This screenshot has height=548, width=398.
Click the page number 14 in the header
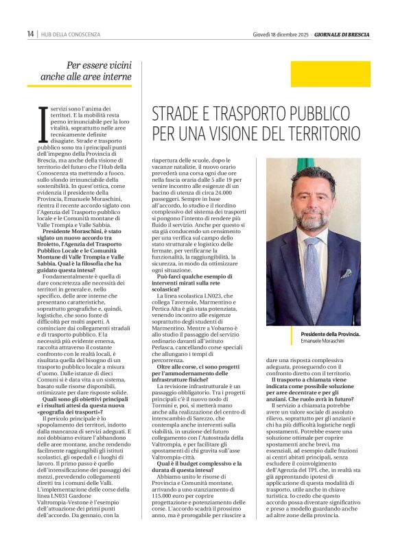(30, 34)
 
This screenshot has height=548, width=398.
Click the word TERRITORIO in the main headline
(333, 132)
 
